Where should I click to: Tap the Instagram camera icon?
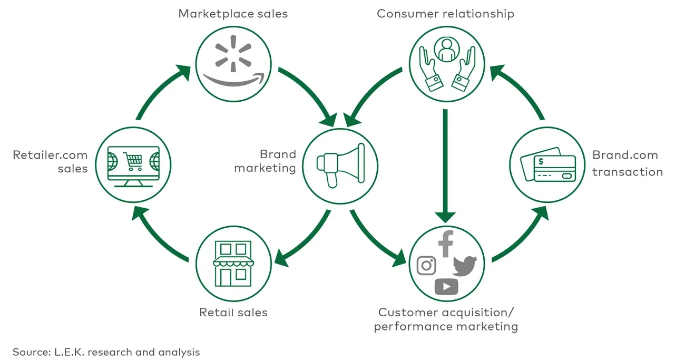click(426, 265)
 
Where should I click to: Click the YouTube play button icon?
click(446, 287)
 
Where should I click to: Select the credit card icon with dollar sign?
click(549, 164)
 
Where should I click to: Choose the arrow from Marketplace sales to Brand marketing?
click(309, 95)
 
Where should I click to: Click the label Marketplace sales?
click(233, 13)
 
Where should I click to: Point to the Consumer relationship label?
click(445, 13)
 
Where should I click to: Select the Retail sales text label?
click(233, 313)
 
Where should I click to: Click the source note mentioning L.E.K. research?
click(106, 352)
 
